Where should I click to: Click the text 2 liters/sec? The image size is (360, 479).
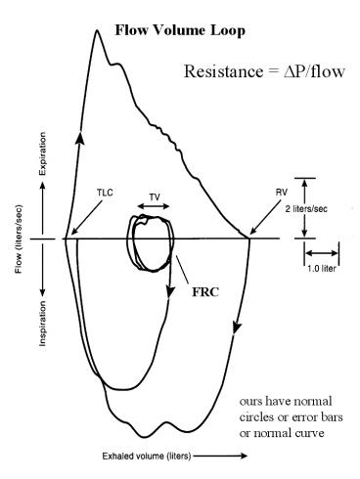[x=330, y=208]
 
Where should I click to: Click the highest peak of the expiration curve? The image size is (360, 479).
[x=97, y=31]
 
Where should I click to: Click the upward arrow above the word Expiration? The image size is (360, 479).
[x=42, y=139]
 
